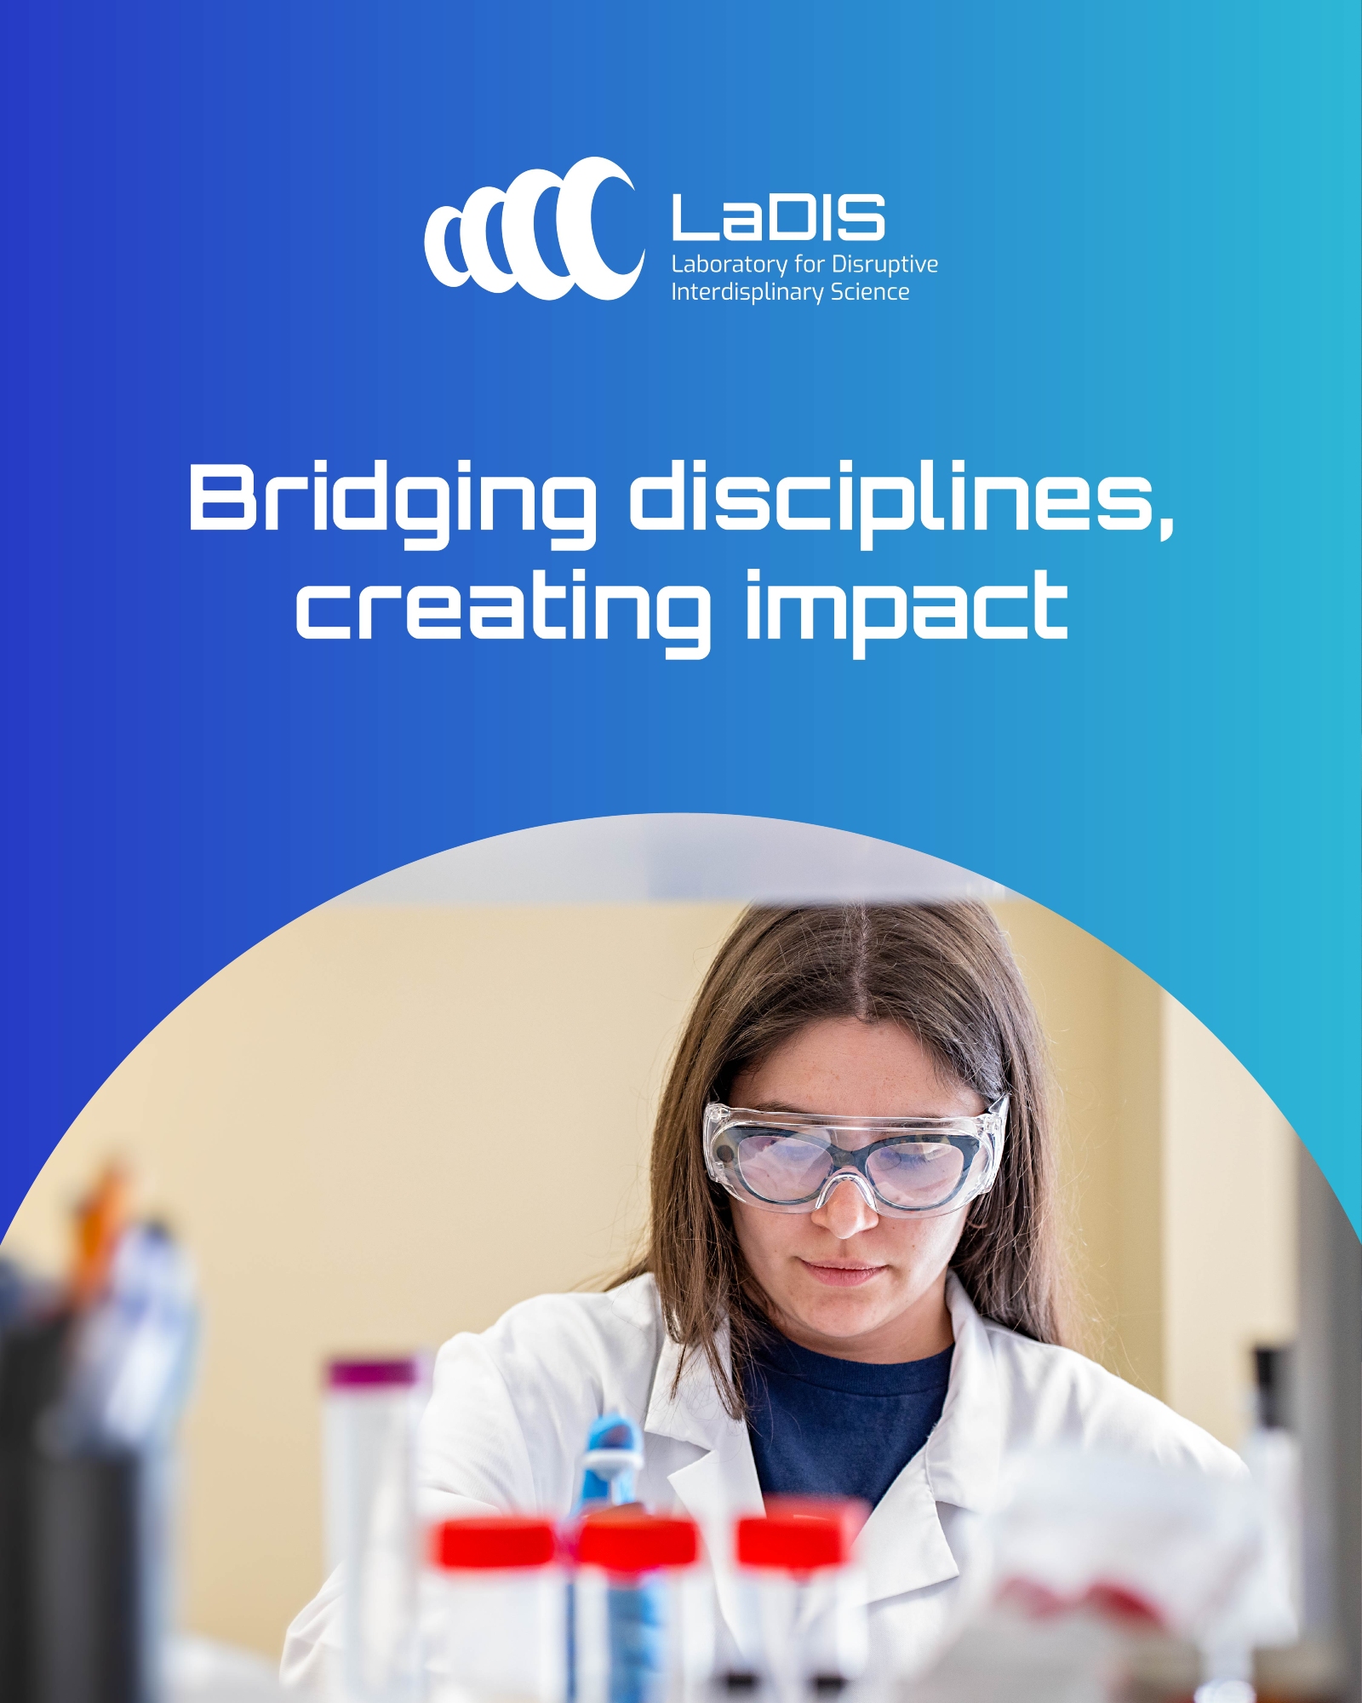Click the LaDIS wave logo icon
[x=534, y=228]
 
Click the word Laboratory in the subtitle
[x=729, y=265]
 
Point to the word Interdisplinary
[x=747, y=293]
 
